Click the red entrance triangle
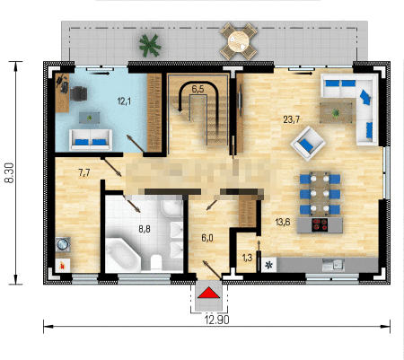pos(209,293)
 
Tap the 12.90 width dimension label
pos(217,320)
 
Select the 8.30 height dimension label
pos(9,173)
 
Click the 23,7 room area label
pos(291,119)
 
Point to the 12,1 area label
pos(124,101)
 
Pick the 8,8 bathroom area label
pos(145,229)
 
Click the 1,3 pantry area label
pos(247,258)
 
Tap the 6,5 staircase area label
pos(198,89)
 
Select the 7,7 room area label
pos(84,172)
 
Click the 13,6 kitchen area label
pos(283,222)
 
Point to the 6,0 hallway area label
pos(207,238)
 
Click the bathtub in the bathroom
pos(123,255)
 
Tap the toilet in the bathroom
pos(156,262)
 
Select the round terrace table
pos(239,41)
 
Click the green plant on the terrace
pos(150,46)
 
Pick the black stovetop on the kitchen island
pos(320,225)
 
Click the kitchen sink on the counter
pos(333,265)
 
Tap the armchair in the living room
pos(308,144)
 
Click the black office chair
pos(78,93)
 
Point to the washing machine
pos(63,244)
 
